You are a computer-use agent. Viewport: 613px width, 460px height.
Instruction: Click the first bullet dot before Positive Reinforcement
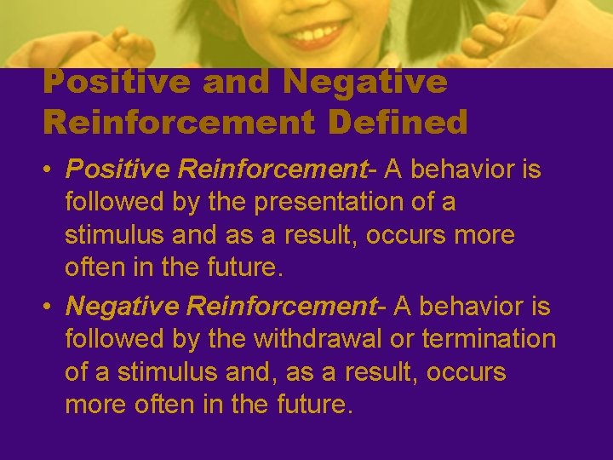pyautogui.click(x=49, y=170)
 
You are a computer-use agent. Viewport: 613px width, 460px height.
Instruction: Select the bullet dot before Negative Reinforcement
pyautogui.click(x=49, y=305)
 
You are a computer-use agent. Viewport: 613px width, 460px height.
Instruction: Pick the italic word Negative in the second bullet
pyautogui.click(x=120, y=305)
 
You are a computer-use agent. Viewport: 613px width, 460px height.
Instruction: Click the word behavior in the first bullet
pyautogui.click(x=459, y=170)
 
